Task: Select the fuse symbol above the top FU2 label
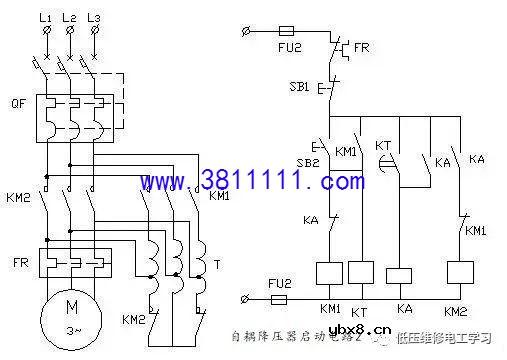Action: (289, 33)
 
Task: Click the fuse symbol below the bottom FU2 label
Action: (285, 298)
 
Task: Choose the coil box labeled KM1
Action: (328, 274)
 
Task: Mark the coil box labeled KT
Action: (362, 274)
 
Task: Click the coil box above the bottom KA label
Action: (399, 274)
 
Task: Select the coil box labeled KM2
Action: (461, 274)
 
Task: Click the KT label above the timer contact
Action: (383, 146)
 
